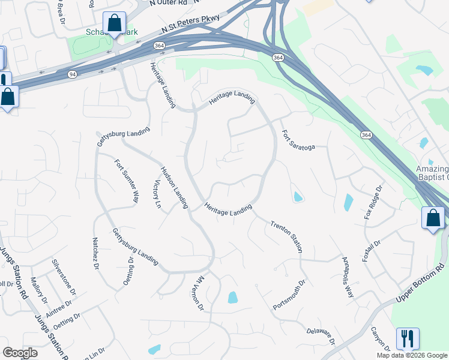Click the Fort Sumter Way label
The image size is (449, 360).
point(127,181)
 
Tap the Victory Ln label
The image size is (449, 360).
point(158,194)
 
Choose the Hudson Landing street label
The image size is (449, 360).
point(174,187)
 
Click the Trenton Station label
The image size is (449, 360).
point(287,236)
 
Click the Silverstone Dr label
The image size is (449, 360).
point(64,277)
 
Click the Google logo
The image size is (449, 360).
point(20,353)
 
